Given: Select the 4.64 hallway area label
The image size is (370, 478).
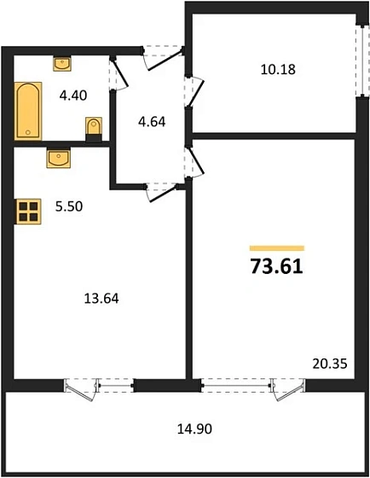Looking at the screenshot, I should (151, 120).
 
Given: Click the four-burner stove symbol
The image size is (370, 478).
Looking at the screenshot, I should (28, 211).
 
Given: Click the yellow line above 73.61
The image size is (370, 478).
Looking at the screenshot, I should (276, 248).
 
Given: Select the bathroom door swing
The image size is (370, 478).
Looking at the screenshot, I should (118, 73).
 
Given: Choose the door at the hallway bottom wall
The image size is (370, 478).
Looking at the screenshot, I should (159, 190).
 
